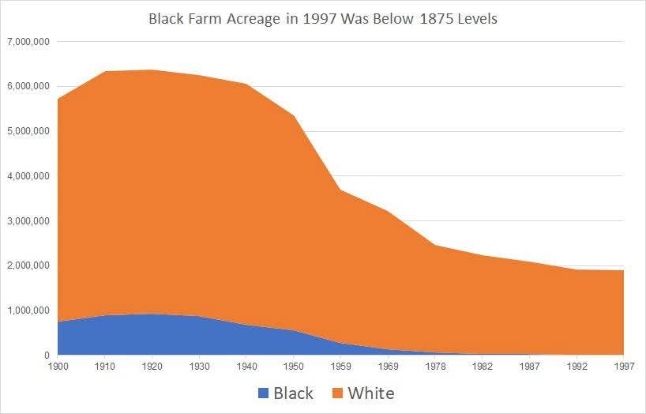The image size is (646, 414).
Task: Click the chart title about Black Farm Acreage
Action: [323, 18]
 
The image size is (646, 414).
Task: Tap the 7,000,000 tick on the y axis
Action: [28, 41]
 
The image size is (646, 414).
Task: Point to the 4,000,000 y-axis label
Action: [28, 176]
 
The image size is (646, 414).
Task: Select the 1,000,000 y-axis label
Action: [28, 311]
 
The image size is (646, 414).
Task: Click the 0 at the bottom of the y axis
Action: [47, 356]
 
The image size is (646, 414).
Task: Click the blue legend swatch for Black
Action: [263, 393]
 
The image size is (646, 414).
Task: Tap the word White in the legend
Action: [370, 393]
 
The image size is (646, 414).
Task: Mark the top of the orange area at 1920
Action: [152, 70]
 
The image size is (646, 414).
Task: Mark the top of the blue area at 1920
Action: [152, 314]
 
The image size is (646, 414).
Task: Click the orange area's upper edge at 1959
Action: [341, 190]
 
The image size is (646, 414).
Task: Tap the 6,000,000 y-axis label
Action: [28, 86]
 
